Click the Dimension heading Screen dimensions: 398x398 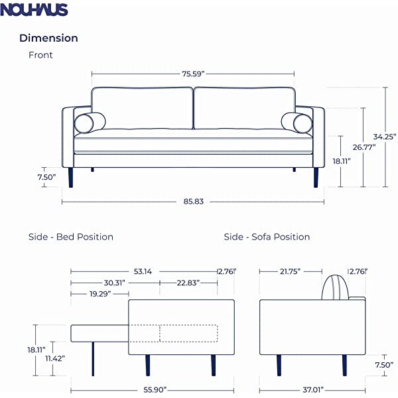48,38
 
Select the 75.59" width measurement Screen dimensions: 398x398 193,74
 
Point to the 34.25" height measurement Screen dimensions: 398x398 385,137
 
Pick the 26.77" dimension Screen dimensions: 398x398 364,147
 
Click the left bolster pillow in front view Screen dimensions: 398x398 90,123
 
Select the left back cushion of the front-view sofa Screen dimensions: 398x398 142,108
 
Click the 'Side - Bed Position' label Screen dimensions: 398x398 70,237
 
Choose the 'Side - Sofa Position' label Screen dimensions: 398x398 267,237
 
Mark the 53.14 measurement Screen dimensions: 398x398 144,271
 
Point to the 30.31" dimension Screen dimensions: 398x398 115,282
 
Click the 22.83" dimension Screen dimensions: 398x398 188,282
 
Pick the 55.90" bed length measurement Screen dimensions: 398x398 153,390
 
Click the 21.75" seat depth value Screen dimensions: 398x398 290,271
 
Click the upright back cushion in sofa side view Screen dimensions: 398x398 334,288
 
